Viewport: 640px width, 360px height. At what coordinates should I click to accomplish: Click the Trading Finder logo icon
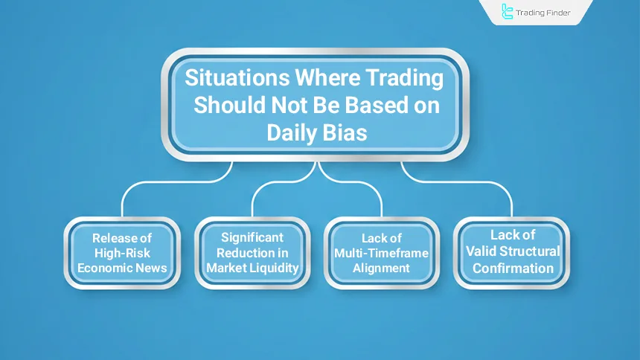(x=508, y=11)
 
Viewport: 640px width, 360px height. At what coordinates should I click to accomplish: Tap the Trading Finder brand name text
(x=544, y=13)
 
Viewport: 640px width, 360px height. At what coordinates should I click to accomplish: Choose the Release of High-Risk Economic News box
(x=122, y=253)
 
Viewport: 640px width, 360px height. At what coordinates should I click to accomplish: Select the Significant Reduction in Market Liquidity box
(x=252, y=253)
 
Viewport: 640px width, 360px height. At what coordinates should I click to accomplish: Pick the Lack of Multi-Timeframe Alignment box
(x=382, y=253)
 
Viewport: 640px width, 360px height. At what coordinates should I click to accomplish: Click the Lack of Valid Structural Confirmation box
(x=512, y=253)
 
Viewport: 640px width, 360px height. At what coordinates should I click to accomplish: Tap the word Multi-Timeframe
(x=382, y=253)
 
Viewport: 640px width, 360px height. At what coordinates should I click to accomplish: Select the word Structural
(x=531, y=251)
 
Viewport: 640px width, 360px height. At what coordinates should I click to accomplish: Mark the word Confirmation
(x=512, y=267)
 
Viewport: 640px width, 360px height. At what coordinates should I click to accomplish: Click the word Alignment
(x=382, y=267)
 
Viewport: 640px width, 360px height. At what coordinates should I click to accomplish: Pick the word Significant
(x=252, y=237)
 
